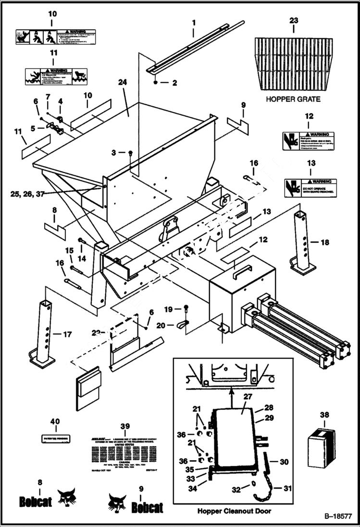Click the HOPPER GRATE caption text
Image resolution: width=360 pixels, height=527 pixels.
[293, 99]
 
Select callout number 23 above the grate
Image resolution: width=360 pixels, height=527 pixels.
[293, 21]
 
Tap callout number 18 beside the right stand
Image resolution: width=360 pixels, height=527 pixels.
[325, 243]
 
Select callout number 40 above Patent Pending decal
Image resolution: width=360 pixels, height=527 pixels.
[55, 421]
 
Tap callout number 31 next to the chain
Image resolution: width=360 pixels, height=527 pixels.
[287, 488]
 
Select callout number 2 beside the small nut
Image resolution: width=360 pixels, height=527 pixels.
[174, 83]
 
